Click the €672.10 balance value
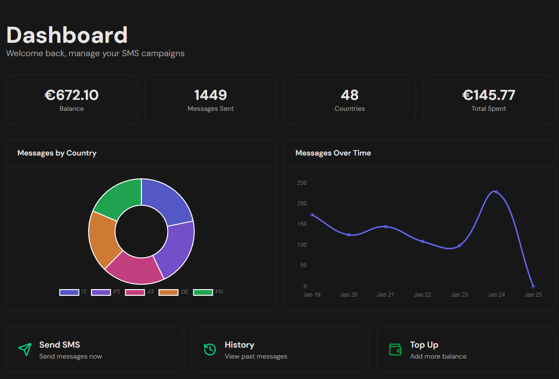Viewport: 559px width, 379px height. pyautogui.click(x=71, y=95)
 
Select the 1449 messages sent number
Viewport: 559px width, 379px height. pyautogui.click(x=210, y=95)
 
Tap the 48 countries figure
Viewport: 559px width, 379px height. pyautogui.click(x=349, y=95)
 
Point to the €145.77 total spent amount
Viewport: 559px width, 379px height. pyautogui.click(x=489, y=95)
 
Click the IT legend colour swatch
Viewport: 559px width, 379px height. pyautogui.click(x=69, y=292)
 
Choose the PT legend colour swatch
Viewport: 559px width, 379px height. pyautogui.click(x=101, y=292)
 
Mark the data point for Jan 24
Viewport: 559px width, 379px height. pyautogui.click(x=496, y=192)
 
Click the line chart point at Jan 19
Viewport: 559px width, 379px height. pyautogui.click(x=312, y=215)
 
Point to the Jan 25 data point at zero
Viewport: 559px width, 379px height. pyautogui.click(x=533, y=286)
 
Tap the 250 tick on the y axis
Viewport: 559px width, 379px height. pyautogui.click(x=301, y=183)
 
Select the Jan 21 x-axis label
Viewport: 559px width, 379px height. pyautogui.click(x=386, y=294)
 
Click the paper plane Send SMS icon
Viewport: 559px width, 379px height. pyautogui.click(x=25, y=350)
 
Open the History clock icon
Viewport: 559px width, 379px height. pyautogui.click(x=210, y=350)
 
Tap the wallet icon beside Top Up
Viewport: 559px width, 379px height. pyautogui.click(x=395, y=350)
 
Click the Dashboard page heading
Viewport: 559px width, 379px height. pyautogui.click(x=67, y=35)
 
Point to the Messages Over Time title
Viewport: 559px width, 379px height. pyautogui.click(x=333, y=153)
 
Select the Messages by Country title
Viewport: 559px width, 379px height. pyautogui.click(x=57, y=153)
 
